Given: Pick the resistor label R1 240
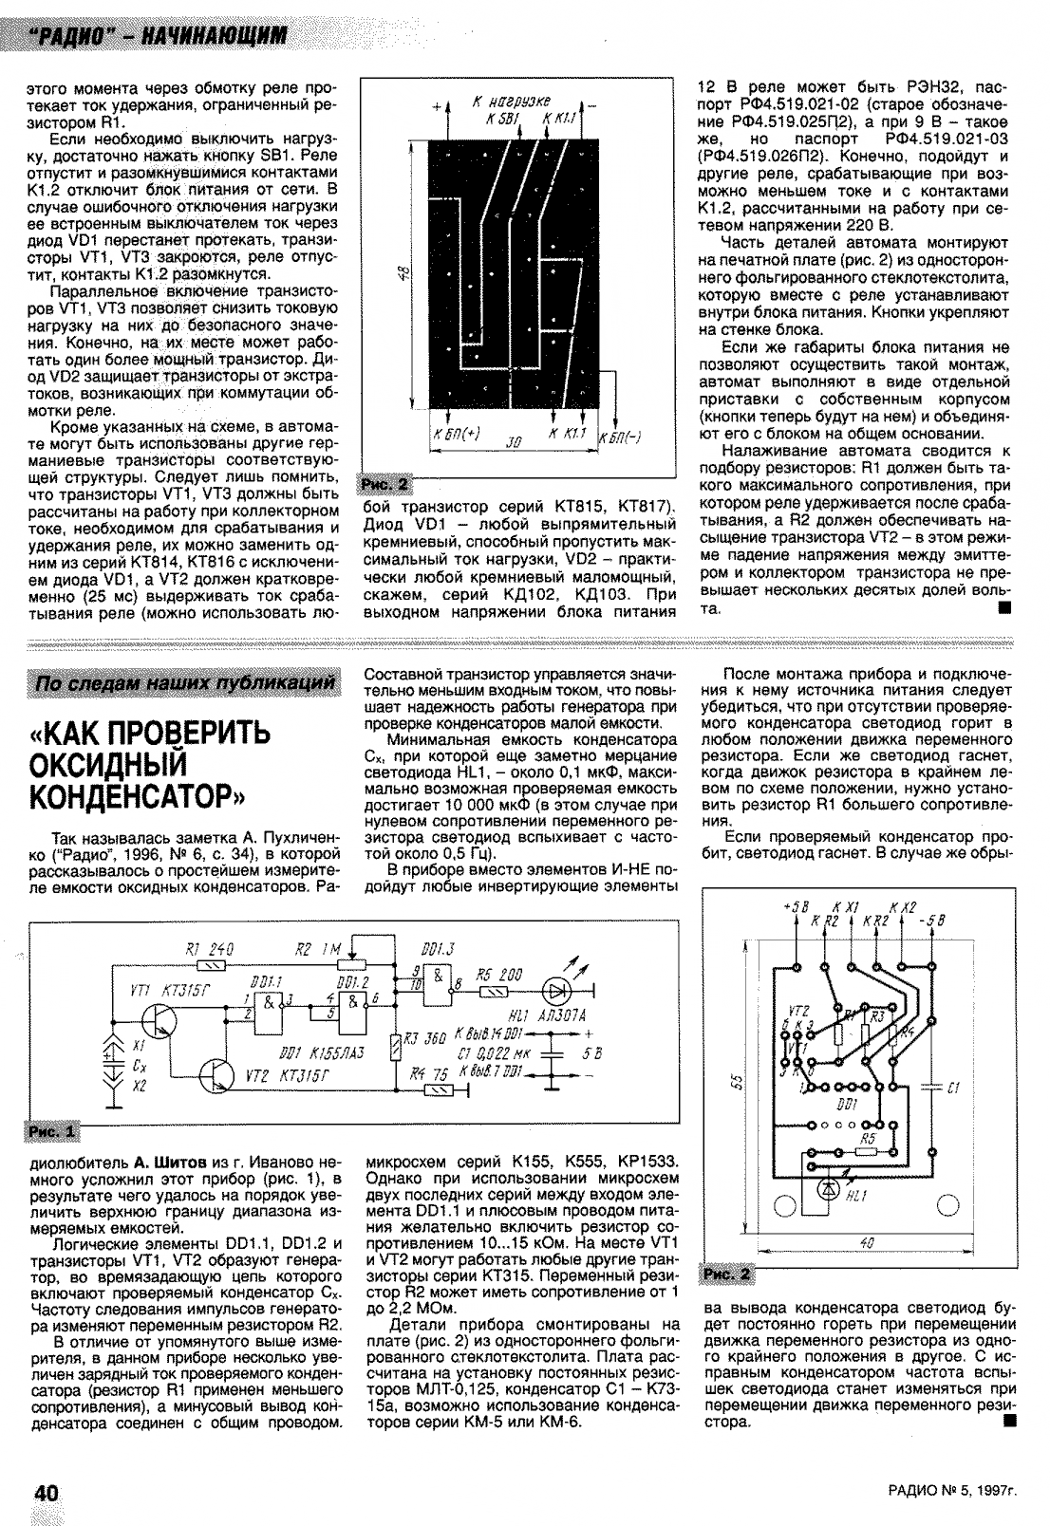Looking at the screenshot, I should coord(212,949).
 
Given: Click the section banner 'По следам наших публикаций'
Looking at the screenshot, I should coord(185,683).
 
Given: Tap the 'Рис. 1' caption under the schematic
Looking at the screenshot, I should coord(55,1132).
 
